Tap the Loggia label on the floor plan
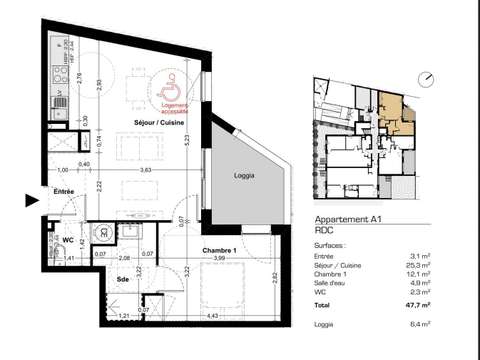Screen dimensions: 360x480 243,175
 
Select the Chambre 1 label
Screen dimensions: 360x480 218,250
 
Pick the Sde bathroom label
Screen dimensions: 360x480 120,279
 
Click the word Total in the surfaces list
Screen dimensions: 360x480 323,304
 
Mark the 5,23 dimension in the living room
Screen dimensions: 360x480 187,140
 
